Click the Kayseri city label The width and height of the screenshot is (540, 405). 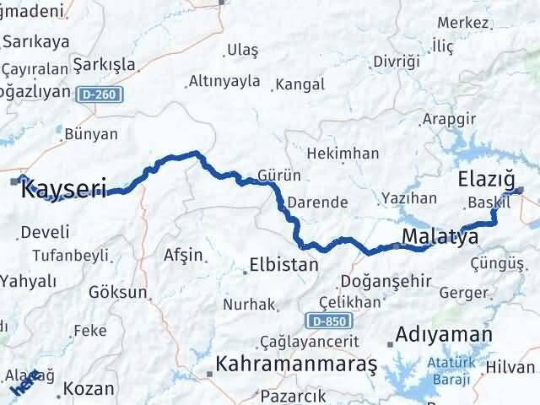63,188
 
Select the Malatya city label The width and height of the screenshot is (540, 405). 440,236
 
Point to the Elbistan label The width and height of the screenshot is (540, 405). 284,264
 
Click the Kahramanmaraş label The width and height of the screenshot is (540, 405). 295,364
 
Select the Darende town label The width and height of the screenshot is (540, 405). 317,202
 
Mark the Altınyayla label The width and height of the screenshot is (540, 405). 223,82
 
